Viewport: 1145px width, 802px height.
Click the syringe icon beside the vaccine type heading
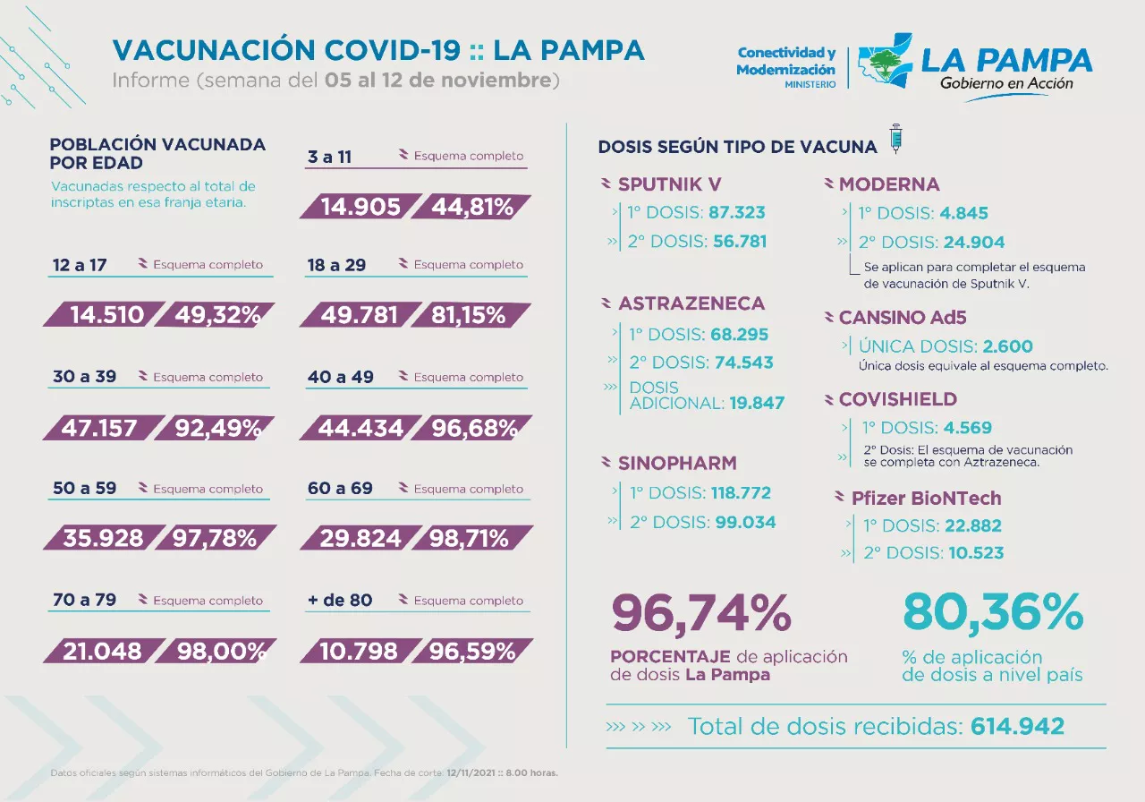tap(895, 140)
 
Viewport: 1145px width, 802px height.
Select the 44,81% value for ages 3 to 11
tap(472, 208)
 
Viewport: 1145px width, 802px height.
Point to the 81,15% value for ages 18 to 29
tap(471, 315)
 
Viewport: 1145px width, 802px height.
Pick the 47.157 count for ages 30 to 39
tap(99, 428)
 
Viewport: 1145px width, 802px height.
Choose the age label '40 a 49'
tap(340, 377)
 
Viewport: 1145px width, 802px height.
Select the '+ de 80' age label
tap(339, 601)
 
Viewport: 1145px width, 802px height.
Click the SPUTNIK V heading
tap(669, 184)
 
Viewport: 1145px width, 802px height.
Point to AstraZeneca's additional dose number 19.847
tap(757, 403)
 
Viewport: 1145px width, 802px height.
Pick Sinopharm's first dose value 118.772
tap(741, 492)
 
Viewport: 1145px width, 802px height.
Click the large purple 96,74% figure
tap(701, 614)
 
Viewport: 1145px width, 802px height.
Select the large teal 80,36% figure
tap(993, 614)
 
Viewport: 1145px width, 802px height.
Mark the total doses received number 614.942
tap(1017, 726)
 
